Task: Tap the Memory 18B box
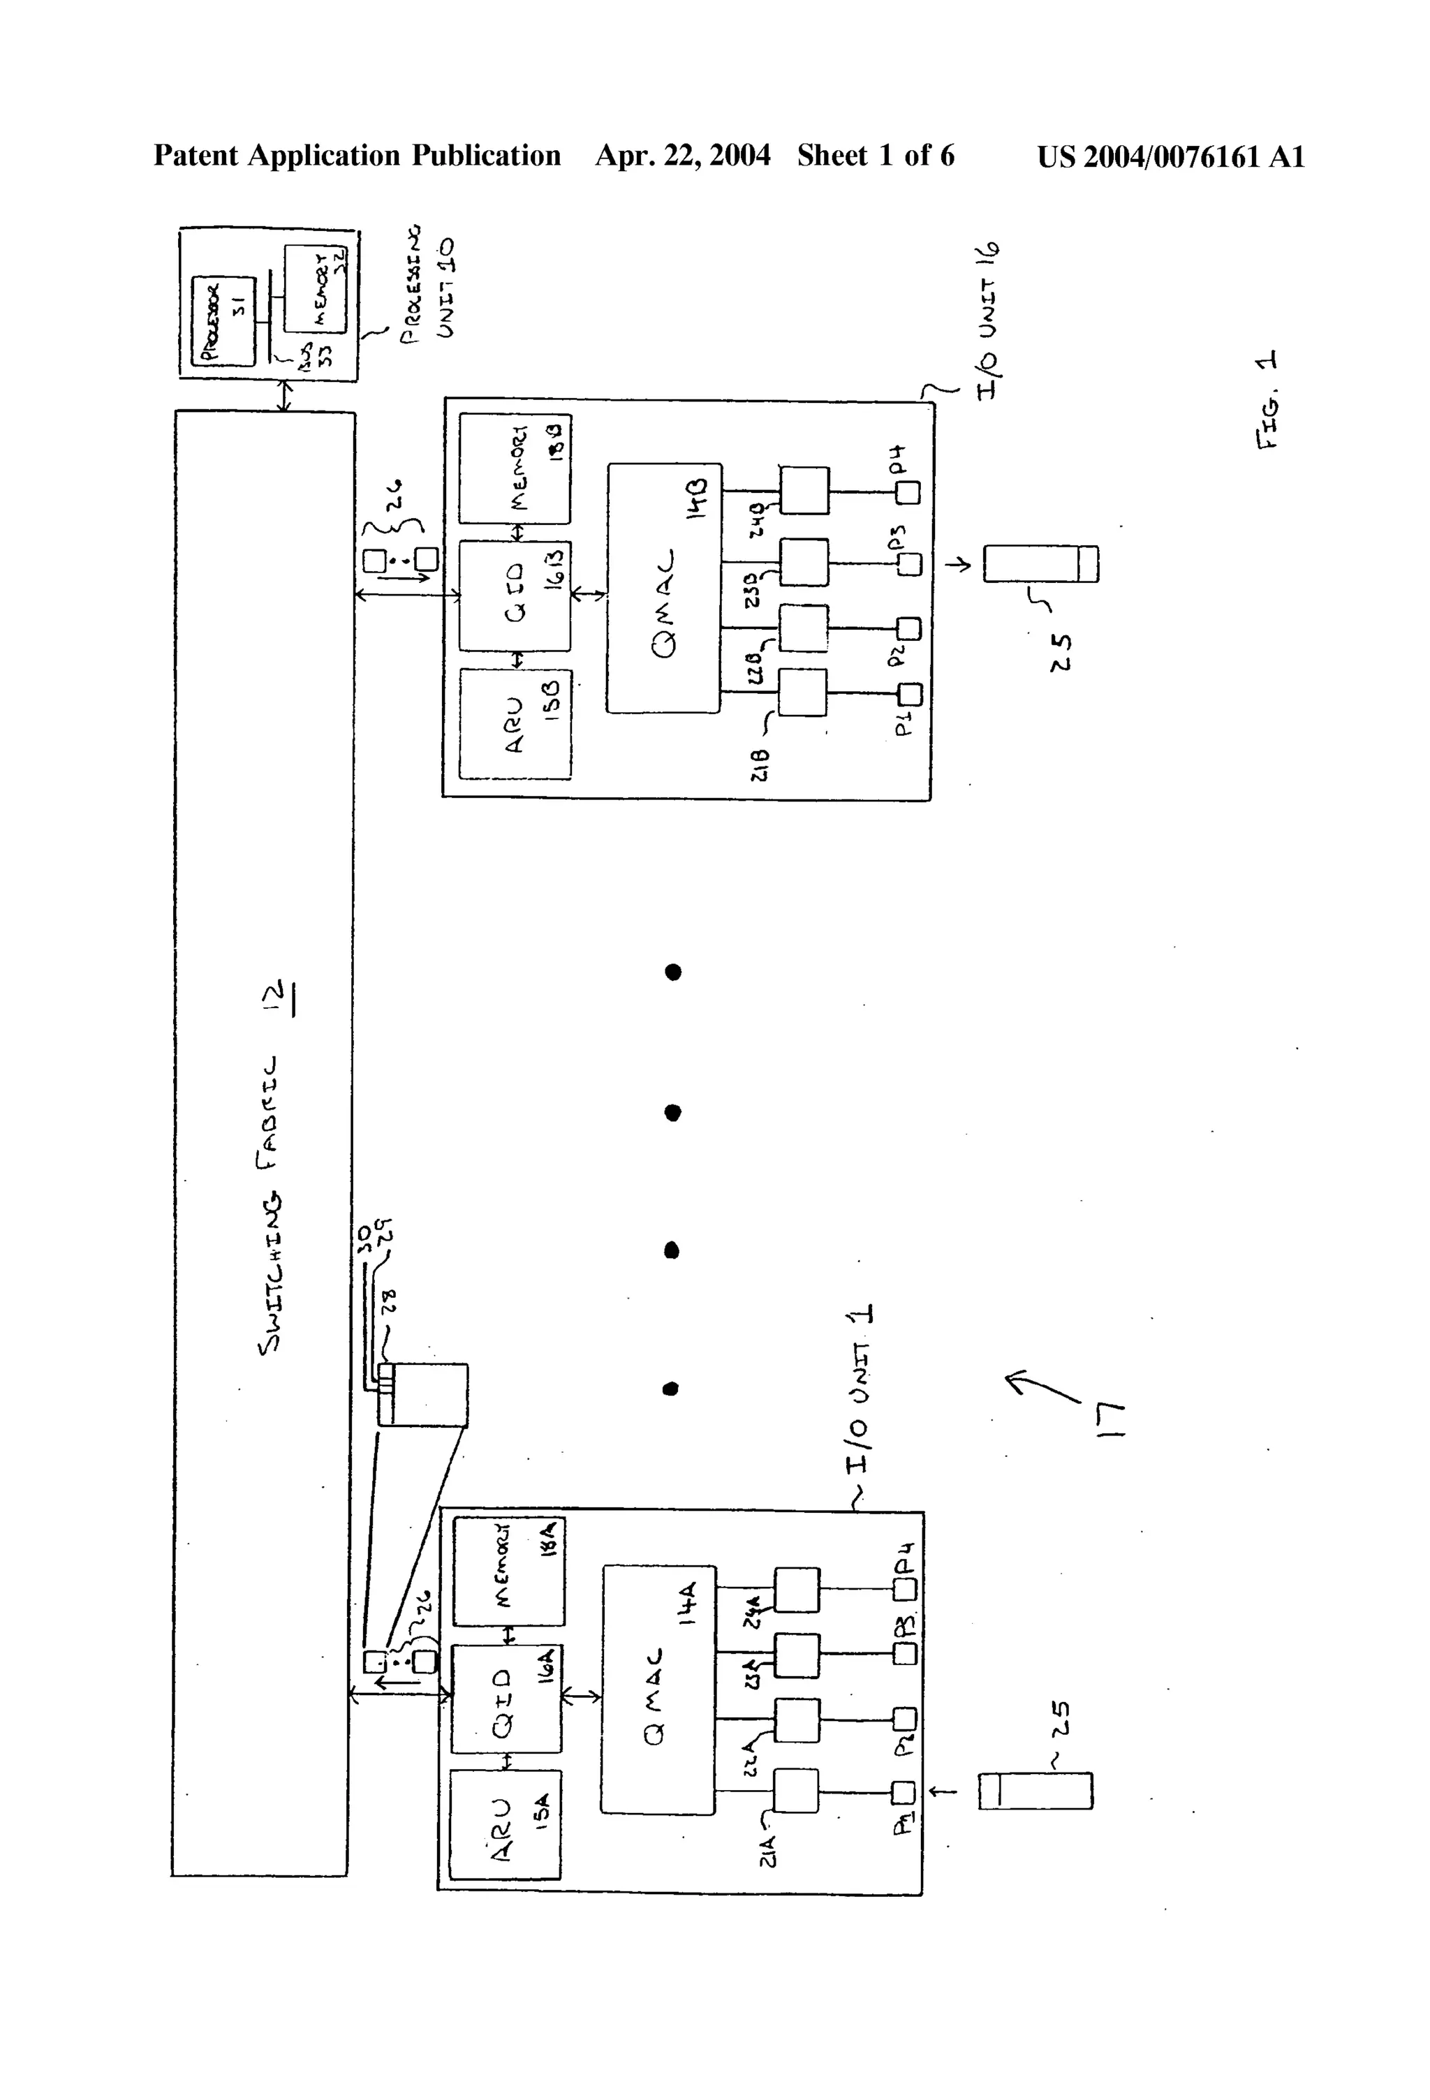pos(515,468)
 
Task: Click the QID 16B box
pos(515,596)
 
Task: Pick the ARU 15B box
pos(515,723)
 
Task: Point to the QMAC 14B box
pos(665,589)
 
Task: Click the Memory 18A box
pos(509,1572)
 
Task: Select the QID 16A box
pos(506,1699)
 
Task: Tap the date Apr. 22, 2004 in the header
pos(682,156)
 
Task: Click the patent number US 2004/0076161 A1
pos(1170,156)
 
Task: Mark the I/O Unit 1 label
pos(860,1391)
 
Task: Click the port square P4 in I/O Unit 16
pos(908,492)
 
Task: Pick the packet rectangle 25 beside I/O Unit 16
pos(1040,564)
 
